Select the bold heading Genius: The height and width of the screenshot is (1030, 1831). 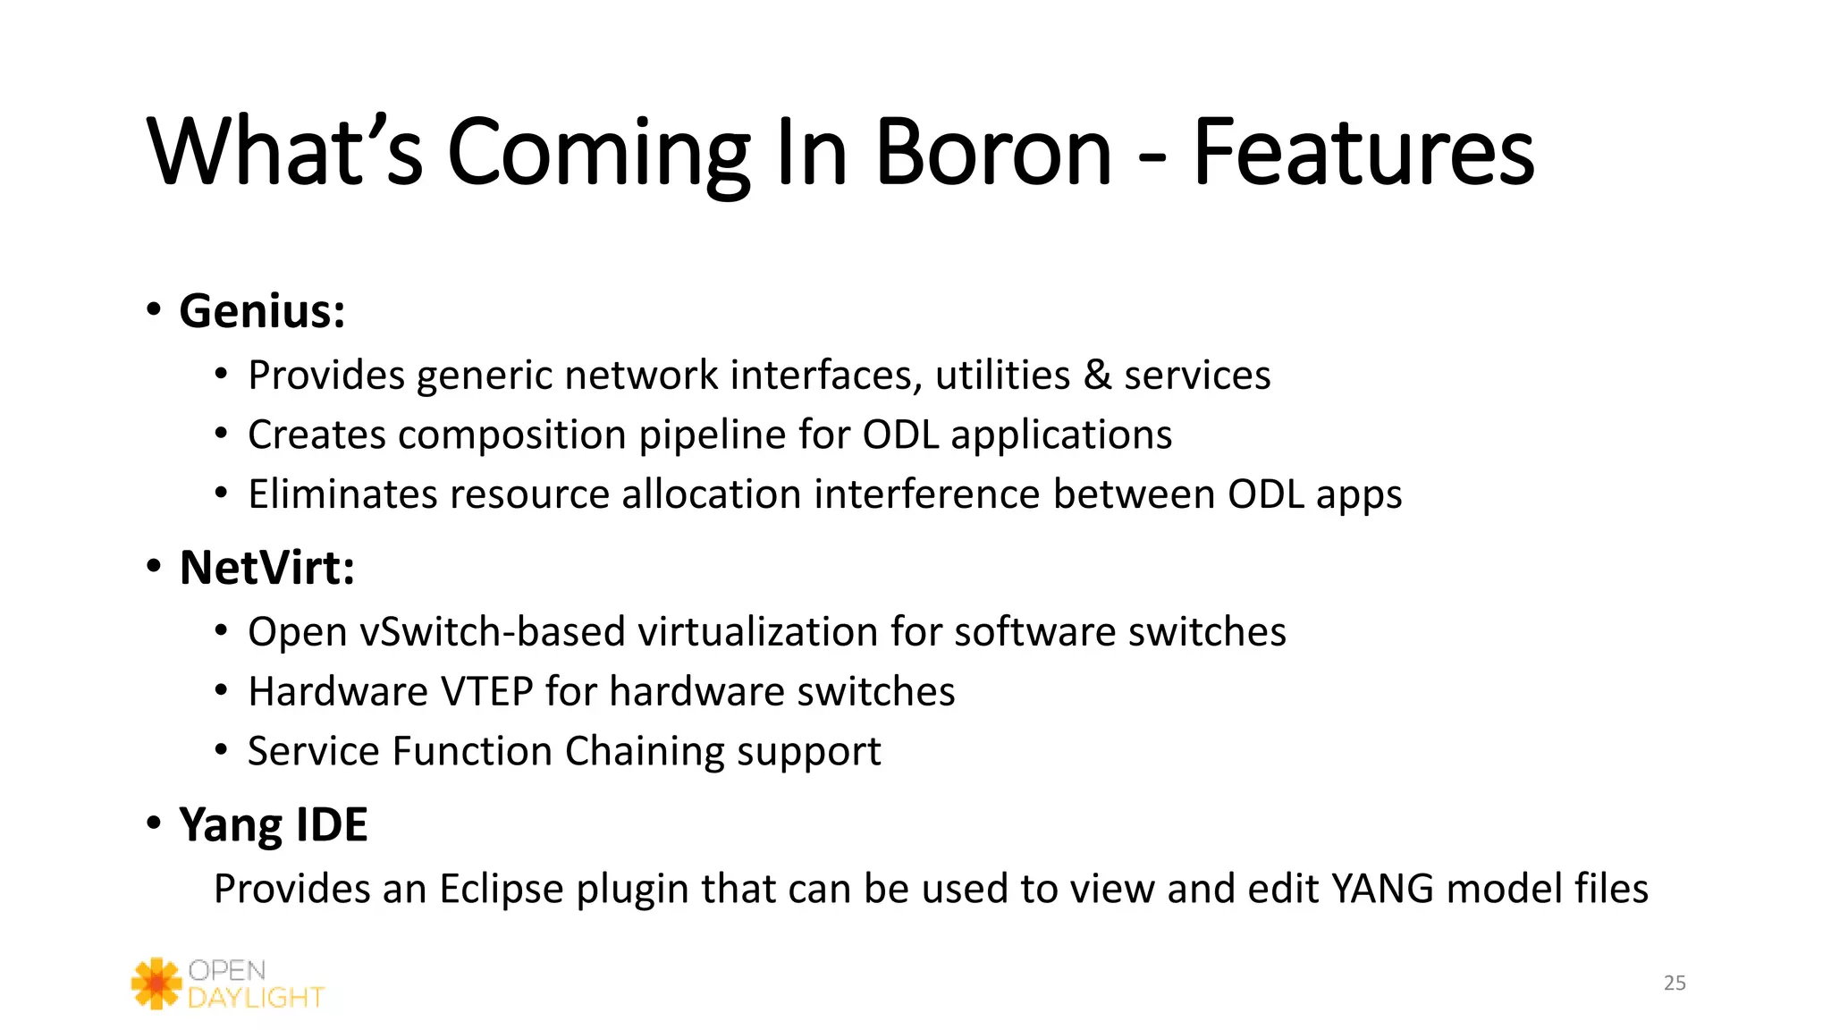[262, 311]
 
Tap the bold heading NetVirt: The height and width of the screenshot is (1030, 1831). [266, 568]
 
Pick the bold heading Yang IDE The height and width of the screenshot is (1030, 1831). [273, 824]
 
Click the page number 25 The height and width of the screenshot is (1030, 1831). [1675, 983]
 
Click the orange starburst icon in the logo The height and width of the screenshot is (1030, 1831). [156, 984]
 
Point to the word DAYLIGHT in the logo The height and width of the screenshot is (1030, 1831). [256, 998]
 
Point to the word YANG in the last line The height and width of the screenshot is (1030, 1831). [1382, 890]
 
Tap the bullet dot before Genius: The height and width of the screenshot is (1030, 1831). [154, 310]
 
